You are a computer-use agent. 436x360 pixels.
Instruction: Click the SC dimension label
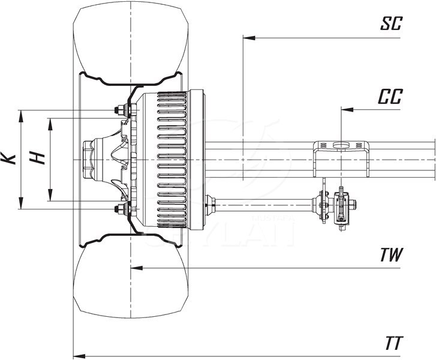(x=392, y=24)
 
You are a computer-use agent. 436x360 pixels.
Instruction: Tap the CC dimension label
(x=390, y=97)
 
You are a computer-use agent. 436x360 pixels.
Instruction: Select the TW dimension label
(x=391, y=255)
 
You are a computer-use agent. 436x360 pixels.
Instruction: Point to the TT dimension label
(x=393, y=343)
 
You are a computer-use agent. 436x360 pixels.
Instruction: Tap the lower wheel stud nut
(x=121, y=209)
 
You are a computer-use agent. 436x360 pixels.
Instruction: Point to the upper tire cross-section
(x=129, y=42)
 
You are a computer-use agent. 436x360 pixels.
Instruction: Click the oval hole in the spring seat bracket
(x=340, y=145)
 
